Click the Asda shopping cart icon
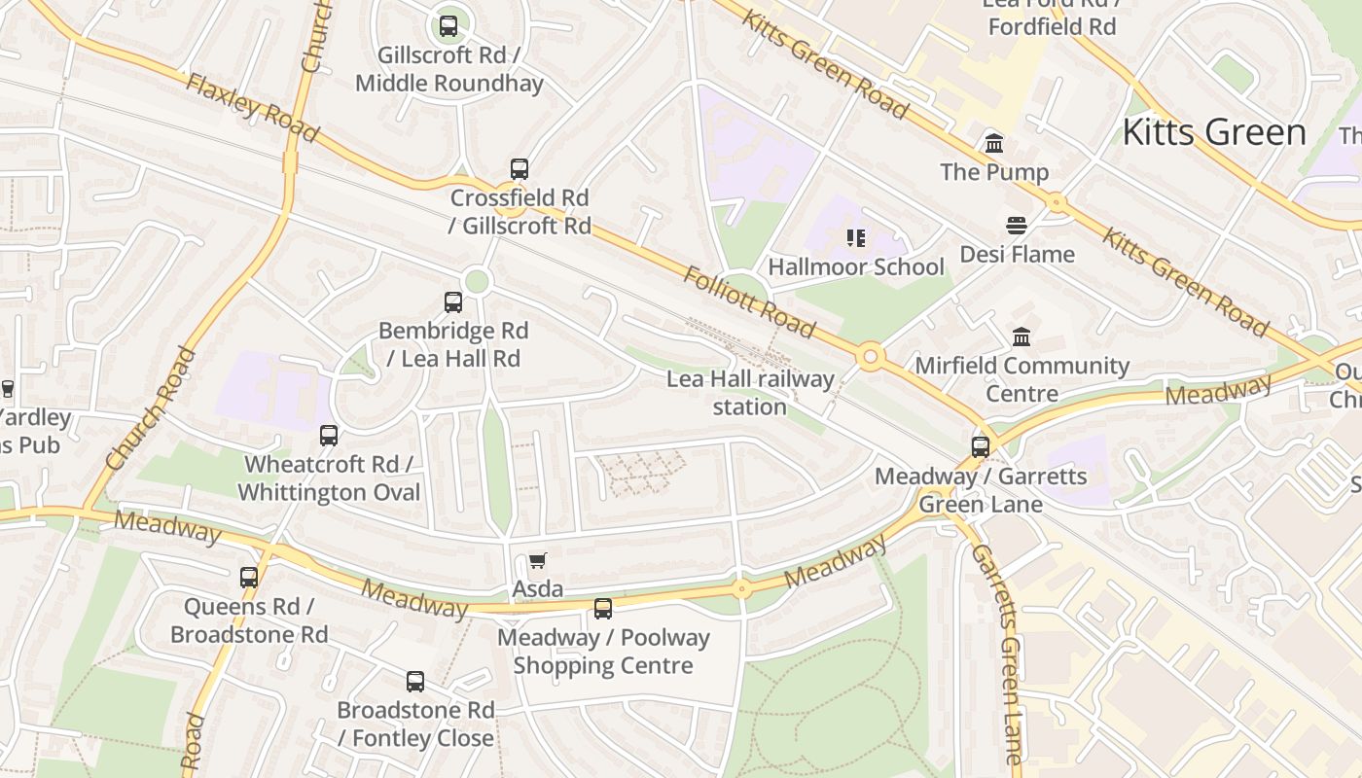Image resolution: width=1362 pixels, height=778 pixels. point(537,561)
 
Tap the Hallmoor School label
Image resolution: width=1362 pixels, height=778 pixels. point(856,266)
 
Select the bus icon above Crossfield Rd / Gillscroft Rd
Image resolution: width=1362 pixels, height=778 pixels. point(520,169)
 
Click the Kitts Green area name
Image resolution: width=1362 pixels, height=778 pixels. point(1213,132)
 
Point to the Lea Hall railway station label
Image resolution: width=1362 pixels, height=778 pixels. point(750,392)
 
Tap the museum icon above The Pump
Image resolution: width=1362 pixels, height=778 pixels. point(994,144)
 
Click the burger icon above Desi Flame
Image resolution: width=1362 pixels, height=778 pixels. point(1017,227)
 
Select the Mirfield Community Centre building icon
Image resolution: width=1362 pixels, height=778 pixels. point(1021,337)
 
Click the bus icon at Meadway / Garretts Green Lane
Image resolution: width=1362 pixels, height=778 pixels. point(981,447)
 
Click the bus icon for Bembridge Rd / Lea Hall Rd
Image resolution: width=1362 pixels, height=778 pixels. point(453,302)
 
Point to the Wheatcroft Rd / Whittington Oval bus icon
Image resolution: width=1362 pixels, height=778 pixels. point(329,436)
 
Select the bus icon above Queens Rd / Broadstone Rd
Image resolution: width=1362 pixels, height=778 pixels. point(249,578)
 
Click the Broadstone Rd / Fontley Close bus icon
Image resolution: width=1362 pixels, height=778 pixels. point(415,682)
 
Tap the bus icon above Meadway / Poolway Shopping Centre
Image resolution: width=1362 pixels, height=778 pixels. point(603,610)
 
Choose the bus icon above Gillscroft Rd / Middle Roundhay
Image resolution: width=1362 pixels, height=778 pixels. point(448,26)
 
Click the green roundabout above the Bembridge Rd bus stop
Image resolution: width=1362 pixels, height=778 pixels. point(477,282)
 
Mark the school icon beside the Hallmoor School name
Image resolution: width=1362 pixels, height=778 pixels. point(856,238)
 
